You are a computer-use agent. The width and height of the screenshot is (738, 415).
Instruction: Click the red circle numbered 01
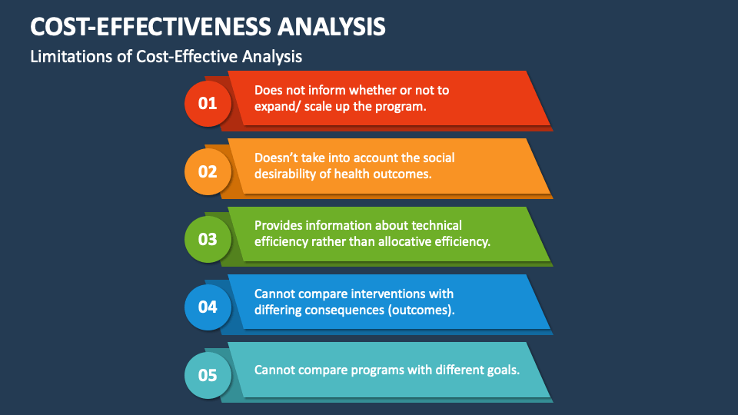208,104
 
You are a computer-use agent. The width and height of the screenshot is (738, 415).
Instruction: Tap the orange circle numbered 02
208,171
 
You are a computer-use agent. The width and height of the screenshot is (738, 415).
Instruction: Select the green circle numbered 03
208,240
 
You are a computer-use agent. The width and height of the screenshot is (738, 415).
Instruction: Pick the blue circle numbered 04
208,307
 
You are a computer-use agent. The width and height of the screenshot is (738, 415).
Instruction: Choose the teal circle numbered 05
208,376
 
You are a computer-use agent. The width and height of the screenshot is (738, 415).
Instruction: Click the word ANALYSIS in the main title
331,26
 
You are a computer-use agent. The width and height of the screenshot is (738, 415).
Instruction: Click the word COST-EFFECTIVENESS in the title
151,26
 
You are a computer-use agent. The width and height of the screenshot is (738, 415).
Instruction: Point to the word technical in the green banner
437,225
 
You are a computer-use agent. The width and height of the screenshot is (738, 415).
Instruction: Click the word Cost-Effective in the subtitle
187,56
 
